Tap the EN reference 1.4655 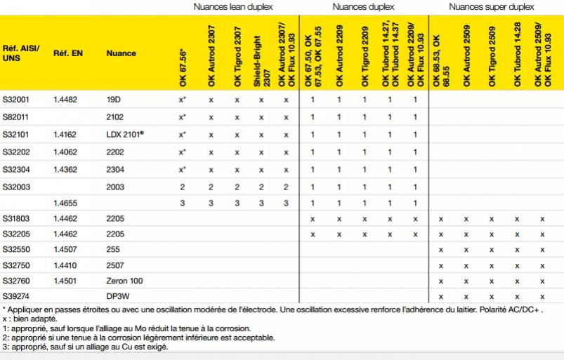click(65, 203)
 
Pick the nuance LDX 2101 click(124, 134)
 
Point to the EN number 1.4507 click(65, 249)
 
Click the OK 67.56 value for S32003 click(182, 187)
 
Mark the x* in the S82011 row click(182, 117)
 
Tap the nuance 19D click(114, 100)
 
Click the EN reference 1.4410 click(65, 265)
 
